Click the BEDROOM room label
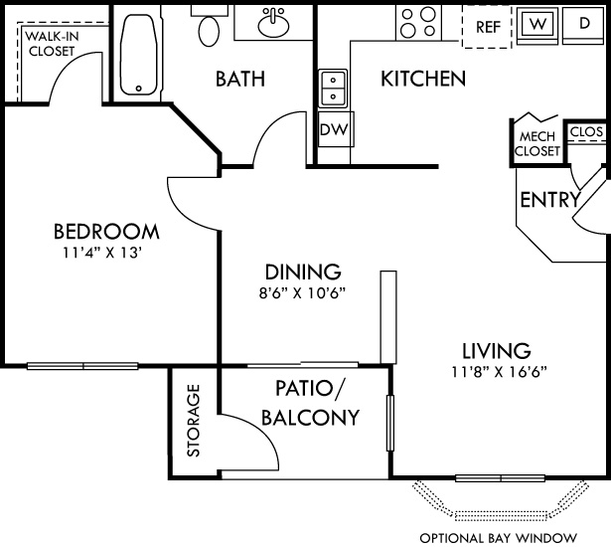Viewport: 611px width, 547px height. pyautogui.click(x=106, y=232)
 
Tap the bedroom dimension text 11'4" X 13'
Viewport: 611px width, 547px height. pyautogui.click(x=106, y=253)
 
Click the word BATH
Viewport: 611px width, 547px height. pyautogui.click(x=239, y=79)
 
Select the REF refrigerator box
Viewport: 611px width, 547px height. pyautogui.click(x=487, y=27)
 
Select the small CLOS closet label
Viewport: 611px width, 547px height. pyautogui.click(x=585, y=130)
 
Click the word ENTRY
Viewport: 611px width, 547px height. pyautogui.click(x=549, y=200)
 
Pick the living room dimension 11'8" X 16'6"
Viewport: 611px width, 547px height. pyautogui.click(x=496, y=372)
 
